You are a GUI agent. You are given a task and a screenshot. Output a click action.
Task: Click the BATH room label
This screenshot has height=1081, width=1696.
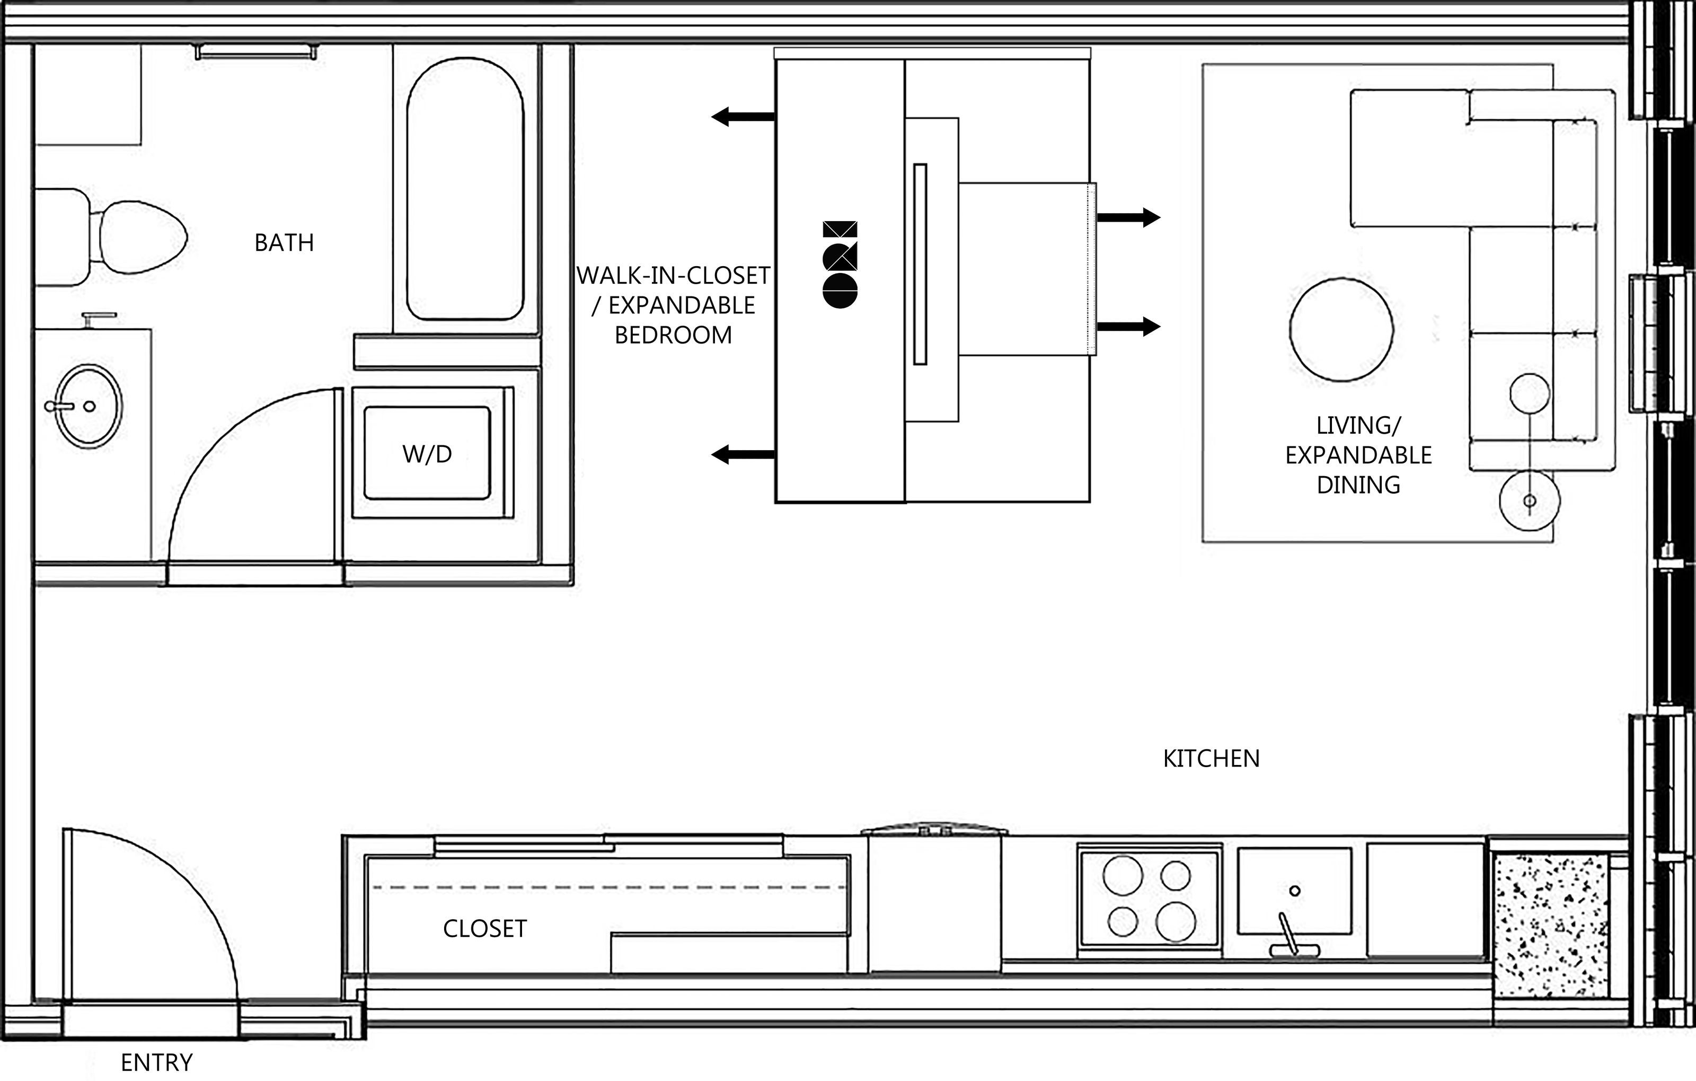(x=284, y=242)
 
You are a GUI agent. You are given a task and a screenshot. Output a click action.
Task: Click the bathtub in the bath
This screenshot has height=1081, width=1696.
(x=465, y=189)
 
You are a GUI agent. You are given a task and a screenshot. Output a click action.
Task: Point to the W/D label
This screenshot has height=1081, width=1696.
(x=427, y=454)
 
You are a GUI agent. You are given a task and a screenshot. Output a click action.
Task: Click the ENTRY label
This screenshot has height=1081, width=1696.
(x=156, y=1062)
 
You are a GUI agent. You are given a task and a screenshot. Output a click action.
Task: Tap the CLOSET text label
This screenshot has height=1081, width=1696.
(x=484, y=929)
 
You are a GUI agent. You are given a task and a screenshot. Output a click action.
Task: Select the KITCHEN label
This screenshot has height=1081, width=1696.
(x=1212, y=758)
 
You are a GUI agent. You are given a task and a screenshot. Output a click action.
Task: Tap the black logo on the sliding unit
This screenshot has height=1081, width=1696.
(x=840, y=264)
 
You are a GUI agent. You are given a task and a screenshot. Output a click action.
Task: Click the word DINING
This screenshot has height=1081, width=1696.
(x=1358, y=485)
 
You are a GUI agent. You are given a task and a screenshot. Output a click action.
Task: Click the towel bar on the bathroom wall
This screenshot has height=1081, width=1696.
(x=257, y=51)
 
